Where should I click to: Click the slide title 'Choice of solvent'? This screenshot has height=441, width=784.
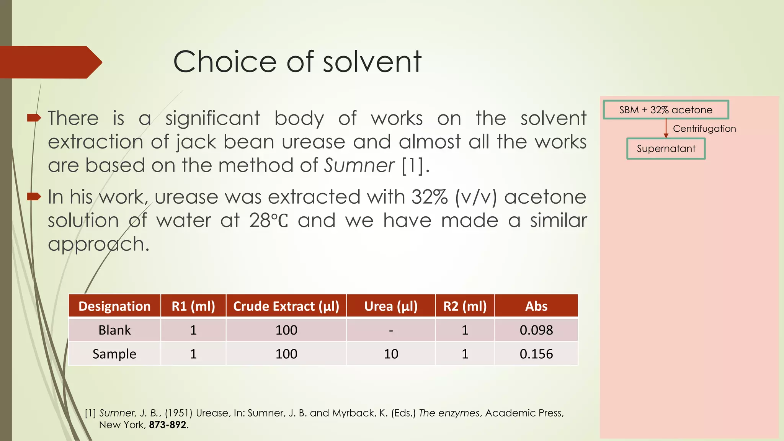point(297,62)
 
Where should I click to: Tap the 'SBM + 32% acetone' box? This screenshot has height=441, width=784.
point(666,110)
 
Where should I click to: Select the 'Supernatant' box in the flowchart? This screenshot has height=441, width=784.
point(666,149)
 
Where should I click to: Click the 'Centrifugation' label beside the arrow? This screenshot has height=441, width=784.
point(704,129)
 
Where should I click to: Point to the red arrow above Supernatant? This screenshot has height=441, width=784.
point(666,129)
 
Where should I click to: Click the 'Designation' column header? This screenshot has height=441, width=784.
point(114,306)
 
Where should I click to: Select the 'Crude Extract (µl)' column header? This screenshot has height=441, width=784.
point(286,306)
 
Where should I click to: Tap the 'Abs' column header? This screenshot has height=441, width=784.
point(536,306)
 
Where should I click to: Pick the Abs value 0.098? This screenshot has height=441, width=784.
point(536,330)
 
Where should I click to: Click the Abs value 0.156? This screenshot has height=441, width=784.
point(536,354)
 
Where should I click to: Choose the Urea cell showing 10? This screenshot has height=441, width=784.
point(391,354)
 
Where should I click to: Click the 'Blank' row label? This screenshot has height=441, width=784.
point(114,330)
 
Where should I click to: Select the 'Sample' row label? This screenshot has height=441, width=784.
point(114,354)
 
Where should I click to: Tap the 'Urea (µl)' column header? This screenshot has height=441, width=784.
point(391,306)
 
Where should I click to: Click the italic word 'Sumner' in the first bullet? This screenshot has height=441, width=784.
point(359,166)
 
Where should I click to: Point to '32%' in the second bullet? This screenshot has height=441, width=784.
point(429,197)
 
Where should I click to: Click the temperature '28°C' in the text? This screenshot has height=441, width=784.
point(268,221)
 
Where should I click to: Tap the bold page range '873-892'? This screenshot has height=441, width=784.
point(168,425)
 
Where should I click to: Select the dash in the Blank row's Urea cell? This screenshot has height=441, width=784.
point(391,330)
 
